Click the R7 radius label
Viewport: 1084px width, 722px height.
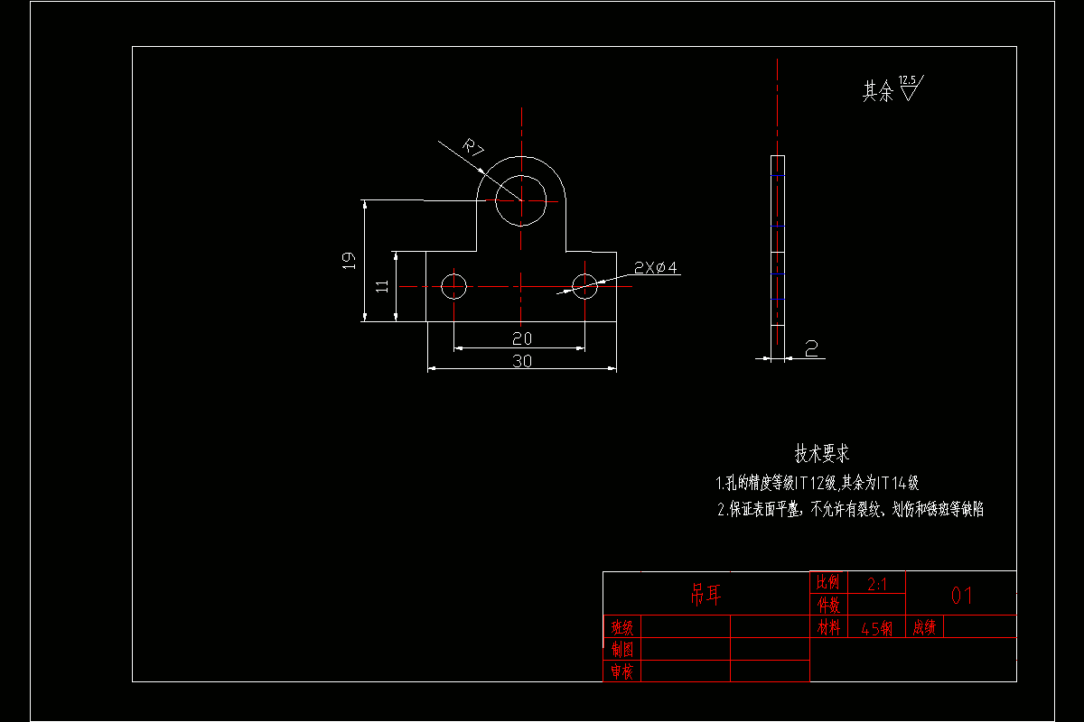[x=473, y=148]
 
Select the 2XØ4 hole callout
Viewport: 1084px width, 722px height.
[x=656, y=268]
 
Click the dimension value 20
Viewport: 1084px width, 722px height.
[x=521, y=338]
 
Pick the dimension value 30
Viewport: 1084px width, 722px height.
[x=522, y=361]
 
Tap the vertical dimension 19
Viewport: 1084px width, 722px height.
[x=349, y=261]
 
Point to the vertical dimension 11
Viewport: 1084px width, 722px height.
[x=382, y=285]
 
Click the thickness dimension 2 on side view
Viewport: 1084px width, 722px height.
[x=811, y=348]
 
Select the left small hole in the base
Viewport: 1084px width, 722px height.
[x=453, y=286]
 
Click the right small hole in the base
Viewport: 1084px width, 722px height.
[x=585, y=286]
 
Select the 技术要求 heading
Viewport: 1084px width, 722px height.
[x=821, y=453]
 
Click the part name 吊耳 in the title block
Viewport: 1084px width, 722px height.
[x=706, y=594]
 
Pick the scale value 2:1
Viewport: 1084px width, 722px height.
[x=876, y=584]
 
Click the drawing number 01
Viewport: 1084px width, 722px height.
[x=960, y=596]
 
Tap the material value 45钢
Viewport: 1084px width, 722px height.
[x=876, y=628]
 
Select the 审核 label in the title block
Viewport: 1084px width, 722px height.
[x=621, y=671]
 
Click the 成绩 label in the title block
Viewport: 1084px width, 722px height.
[x=924, y=627]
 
